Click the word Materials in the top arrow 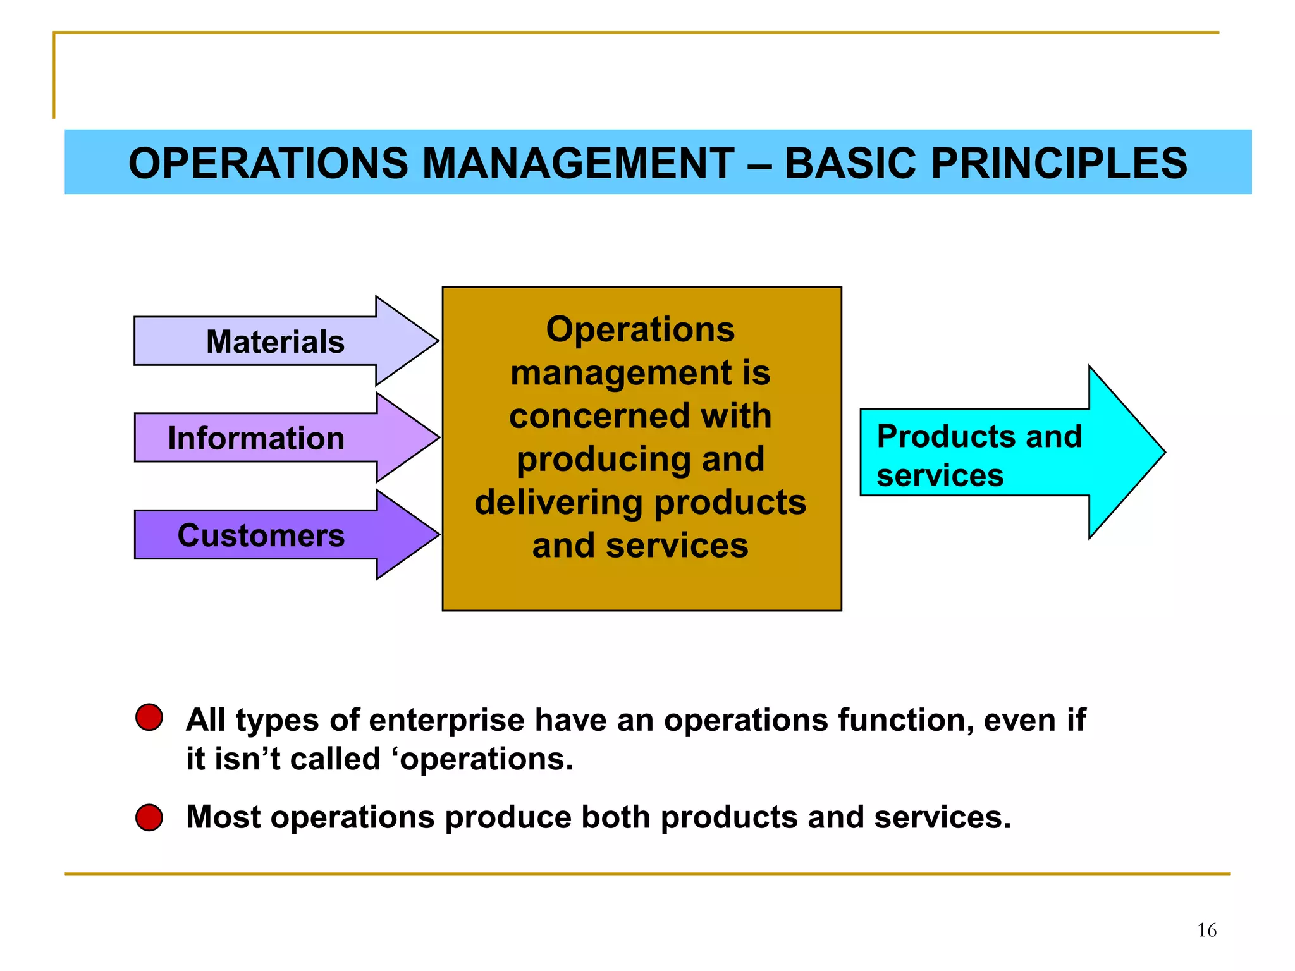click(275, 342)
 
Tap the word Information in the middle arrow click(256, 439)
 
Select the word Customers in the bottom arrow click(261, 535)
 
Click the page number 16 click(1206, 930)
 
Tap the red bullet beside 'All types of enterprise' click(149, 718)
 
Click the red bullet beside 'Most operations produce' click(149, 817)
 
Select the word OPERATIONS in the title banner click(268, 164)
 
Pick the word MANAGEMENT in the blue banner click(577, 164)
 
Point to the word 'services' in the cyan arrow click(940, 475)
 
